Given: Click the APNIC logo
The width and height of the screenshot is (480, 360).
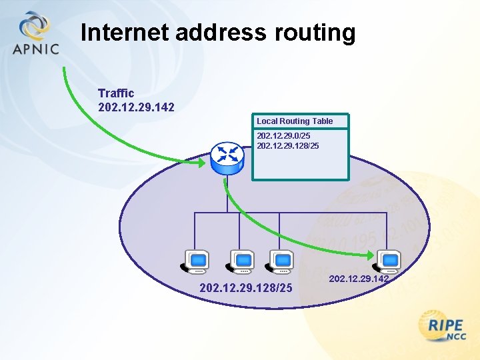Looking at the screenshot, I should [35, 33].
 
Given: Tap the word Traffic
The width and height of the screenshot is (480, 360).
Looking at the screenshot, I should [116, 93].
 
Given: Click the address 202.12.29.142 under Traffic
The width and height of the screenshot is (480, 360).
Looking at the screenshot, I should [136, 107].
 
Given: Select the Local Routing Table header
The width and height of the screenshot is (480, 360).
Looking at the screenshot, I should [295, 121].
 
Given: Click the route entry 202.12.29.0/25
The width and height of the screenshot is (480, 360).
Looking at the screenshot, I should [283, 135].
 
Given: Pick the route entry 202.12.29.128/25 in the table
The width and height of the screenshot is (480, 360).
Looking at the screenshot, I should [288, 145].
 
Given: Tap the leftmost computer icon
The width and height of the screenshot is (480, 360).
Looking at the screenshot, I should [195, 262].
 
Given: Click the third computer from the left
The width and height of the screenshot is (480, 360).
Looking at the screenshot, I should [279, 262].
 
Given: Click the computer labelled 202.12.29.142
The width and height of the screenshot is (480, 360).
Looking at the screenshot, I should [387, 261].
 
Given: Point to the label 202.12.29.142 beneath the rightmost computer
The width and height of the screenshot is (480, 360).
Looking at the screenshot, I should [359, 279].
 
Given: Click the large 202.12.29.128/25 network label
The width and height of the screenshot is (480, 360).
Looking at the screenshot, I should [246, 288].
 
